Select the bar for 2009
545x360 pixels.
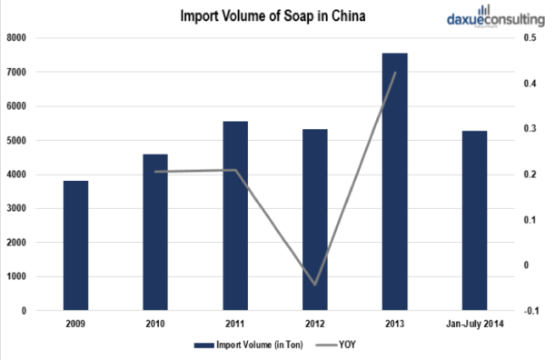[x=75, y=245]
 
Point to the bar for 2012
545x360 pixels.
[x=314, y=219]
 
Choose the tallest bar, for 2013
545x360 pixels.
[x=394, y=181]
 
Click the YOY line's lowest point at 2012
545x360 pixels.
[x=314, y=285]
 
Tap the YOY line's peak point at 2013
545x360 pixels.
[x=394, y=73]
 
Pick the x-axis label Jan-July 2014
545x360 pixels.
[x=474, y=323]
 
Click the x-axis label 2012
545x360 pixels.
[x=314, y=323]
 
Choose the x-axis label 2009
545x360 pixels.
[x=75, y=323]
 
